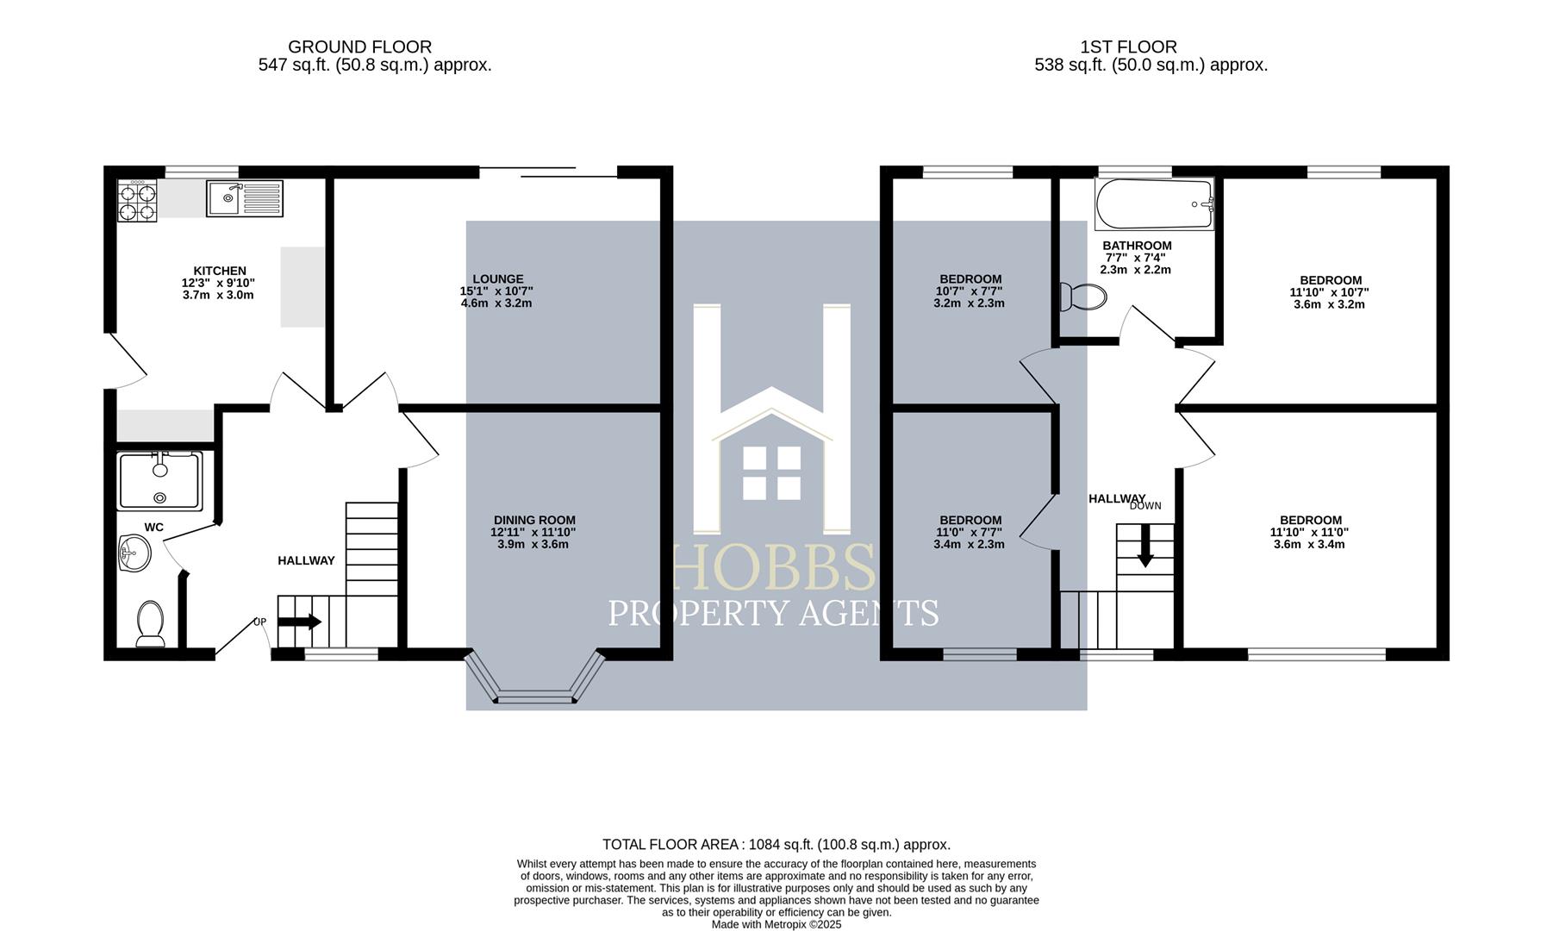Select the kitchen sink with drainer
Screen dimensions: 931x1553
click(244, 198)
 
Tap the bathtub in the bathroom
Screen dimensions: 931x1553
click(1153, 204)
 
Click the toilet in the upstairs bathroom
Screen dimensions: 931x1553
click(1083, 297)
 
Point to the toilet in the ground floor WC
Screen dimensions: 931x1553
click(150, 623)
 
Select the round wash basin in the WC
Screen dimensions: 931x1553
click(134, 552)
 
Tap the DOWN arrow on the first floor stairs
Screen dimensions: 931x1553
click(1145, 548)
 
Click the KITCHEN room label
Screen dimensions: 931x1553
click(220, 271)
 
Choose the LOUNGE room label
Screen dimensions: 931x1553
click(497, 279)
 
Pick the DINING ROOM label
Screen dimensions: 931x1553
click(534, 520)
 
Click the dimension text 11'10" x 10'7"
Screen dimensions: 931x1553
click(1330, 292)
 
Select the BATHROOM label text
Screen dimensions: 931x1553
click(1137, 246)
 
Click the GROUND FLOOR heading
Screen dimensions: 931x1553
click(359, 47)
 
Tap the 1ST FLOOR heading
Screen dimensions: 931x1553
click(1128, 47)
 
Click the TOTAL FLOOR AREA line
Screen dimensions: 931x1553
click(776, 845)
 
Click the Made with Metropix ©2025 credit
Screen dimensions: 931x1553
click(776, 924)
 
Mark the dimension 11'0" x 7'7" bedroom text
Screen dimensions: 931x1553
click(970, 532)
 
